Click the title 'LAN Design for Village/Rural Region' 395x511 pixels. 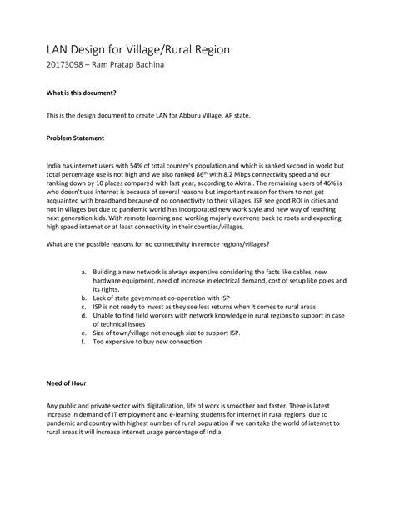pos(137,51)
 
